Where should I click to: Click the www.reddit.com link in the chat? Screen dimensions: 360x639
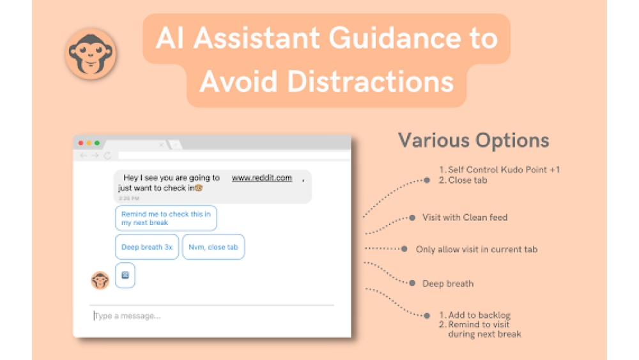(x=261, y=178)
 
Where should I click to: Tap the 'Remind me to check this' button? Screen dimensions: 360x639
(x=166, y=218)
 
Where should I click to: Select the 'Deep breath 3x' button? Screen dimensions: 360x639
(x=147, y=247)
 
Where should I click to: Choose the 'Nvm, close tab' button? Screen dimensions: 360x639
(x=213, y=247)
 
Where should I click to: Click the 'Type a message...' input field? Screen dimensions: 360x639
(x=211, y=316)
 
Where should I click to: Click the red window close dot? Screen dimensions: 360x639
(x=81, y=143)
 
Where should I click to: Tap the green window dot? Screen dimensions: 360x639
(x=96, y=143)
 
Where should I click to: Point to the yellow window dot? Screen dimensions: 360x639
(x=89, y=143)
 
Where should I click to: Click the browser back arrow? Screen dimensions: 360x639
(x=83, y=155)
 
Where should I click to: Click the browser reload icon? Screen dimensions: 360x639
(x=107, y=155)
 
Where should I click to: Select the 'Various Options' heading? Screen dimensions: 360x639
(x=473, y=141)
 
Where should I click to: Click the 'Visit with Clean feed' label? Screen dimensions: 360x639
(x=465, y=217)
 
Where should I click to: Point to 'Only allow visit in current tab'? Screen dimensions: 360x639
(x=476, y=249)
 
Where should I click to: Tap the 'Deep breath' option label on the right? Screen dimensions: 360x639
(x=448, y=283)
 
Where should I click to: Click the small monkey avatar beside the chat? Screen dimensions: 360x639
(x=100, y=281)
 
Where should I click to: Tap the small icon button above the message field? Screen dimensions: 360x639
(x=125, y=276)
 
